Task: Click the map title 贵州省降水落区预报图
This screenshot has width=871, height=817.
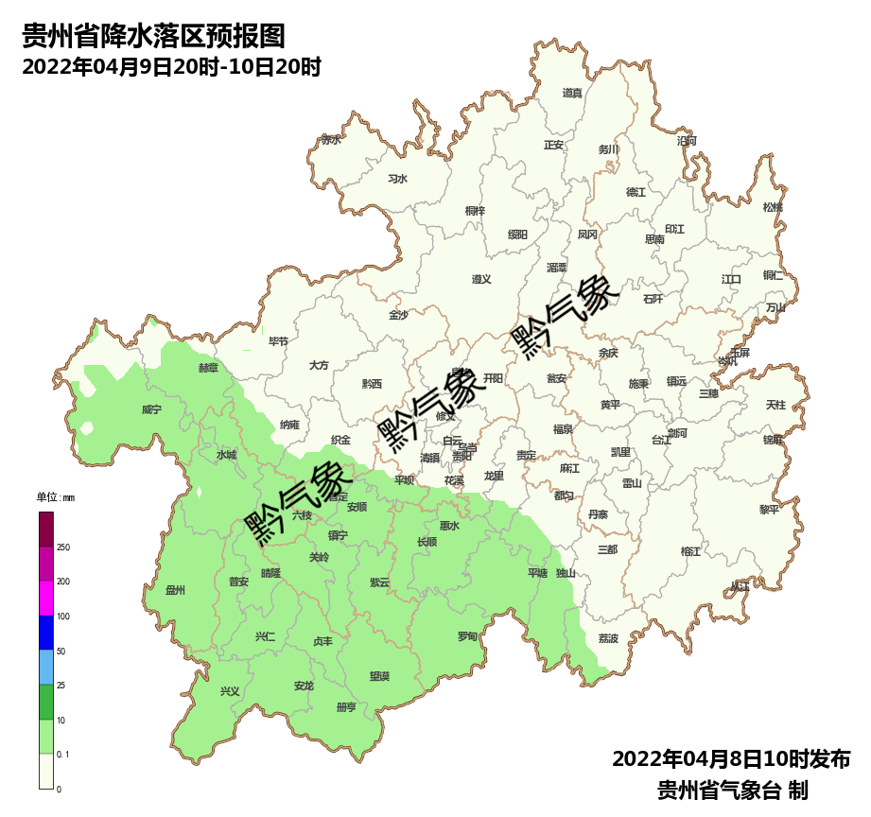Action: tap(152, 37)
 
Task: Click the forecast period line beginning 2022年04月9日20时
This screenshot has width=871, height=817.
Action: tap(171, 67)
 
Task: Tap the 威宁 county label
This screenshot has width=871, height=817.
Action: tap(151, 409)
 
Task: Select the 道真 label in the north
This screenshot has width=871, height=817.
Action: tap(572, 93)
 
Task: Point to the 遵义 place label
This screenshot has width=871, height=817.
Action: tap(481, 279)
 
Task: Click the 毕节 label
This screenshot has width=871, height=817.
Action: tap(278, 341)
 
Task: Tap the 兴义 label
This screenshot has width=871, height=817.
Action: tap(230, 691)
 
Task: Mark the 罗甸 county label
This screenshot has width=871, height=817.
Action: tap(467, 636)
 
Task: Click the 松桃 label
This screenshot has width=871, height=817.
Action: tap(773, 207)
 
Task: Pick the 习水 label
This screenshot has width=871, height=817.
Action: tap(397, 179)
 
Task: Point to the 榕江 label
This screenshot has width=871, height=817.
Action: tap(691, 551)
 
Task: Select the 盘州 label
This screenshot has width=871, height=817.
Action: tap(175, 591)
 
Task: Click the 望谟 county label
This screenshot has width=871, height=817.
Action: tap(379, 676)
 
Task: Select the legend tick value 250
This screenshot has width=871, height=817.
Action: tap(63, 548)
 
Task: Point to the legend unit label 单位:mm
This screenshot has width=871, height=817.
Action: tap(55, 497)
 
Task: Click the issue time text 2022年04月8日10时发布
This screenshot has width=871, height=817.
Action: tap(731, 758)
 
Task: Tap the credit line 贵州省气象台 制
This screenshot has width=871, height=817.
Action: tap(731, 790)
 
